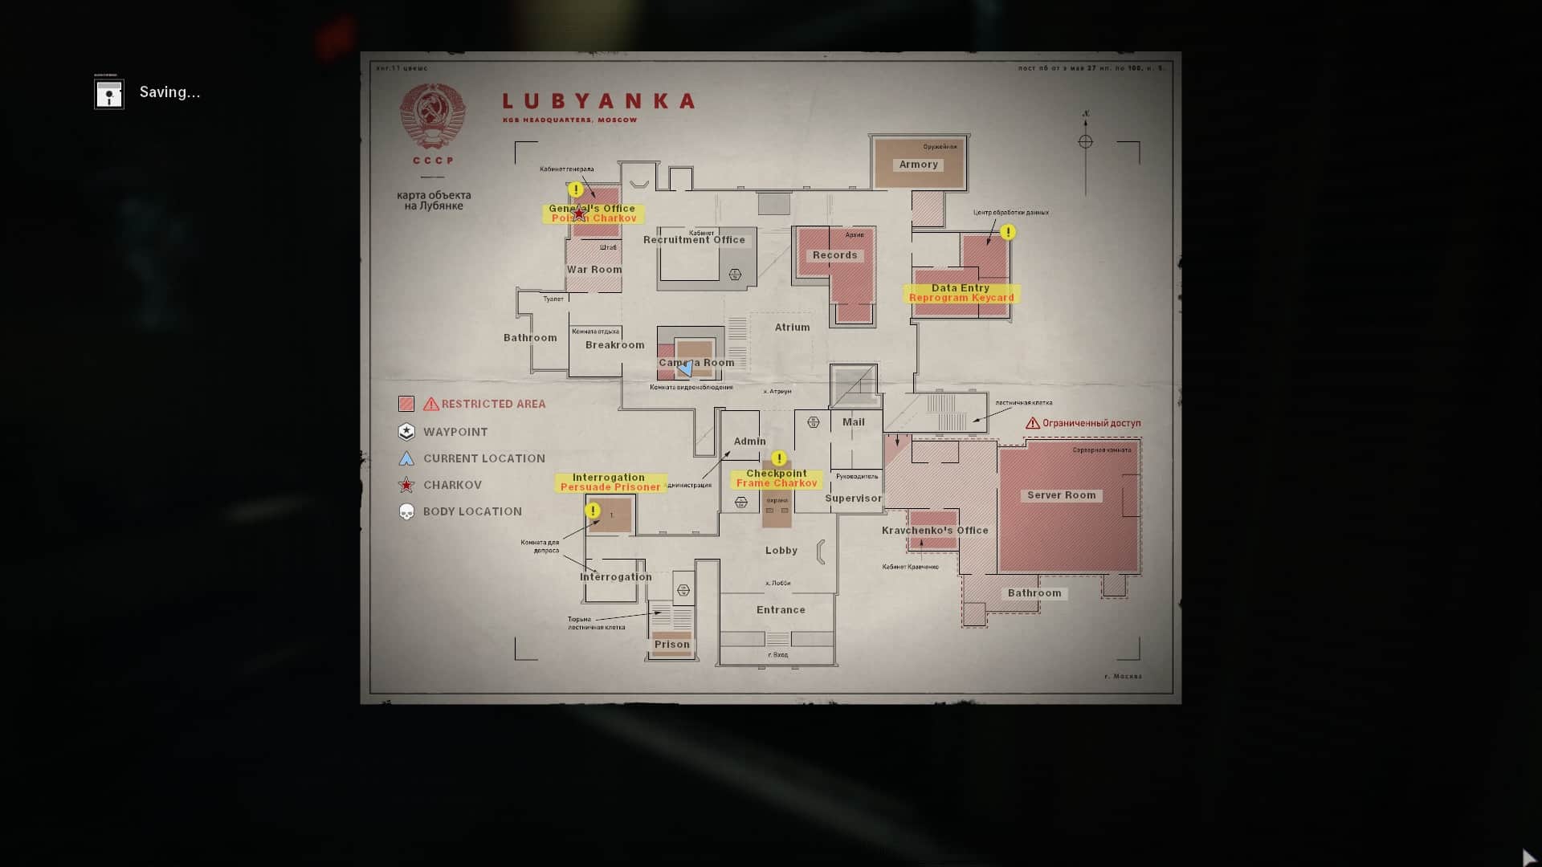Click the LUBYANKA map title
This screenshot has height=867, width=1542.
(598, 102)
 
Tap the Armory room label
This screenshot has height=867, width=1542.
(918, 165)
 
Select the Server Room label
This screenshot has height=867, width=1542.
(1061, 495)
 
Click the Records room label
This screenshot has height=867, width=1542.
(834, 255)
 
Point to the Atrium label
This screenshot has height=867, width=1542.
(792, 328)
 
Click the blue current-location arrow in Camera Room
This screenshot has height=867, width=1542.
(686, 368)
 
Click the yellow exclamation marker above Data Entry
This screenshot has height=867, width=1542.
(1008, 232)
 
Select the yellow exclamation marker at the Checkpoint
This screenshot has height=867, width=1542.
(778, 458)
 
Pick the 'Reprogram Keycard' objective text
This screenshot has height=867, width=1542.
(961, 298)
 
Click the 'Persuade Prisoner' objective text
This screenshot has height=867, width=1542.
(610, 487)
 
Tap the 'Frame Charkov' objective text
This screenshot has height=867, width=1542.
(776, 483)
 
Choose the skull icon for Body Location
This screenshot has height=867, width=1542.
(406, 512)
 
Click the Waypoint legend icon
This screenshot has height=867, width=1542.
(406, 432)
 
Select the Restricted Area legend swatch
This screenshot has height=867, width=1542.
(406, 404)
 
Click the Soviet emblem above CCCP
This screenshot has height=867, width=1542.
(433, 116)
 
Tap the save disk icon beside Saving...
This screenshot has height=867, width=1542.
(109, 94)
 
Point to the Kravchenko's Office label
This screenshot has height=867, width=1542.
(935, 531)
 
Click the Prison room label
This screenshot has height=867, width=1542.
(671, 645)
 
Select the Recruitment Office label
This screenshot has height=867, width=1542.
(694, 240)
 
